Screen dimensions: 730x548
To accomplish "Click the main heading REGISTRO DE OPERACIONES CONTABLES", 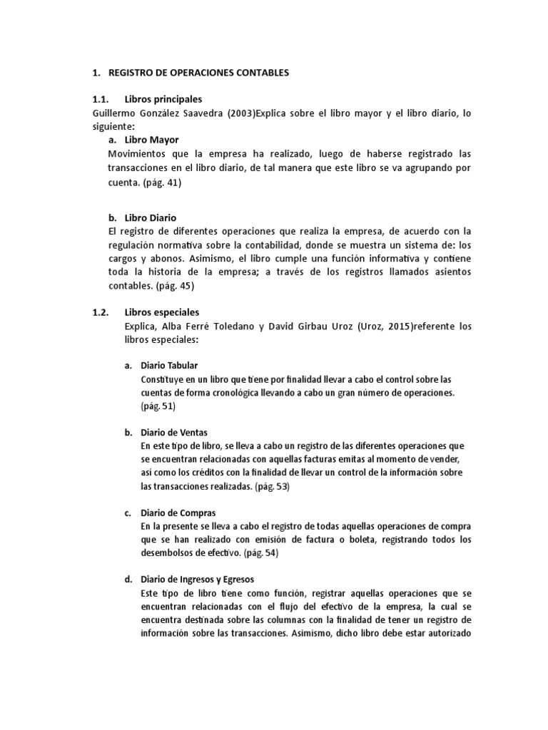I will (x=189, y=73).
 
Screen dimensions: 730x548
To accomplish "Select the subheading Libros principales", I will (x=163, y=99).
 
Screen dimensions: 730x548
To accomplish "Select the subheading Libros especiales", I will (x=162, y=312).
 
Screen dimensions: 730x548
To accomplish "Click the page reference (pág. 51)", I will (x=158, y=406).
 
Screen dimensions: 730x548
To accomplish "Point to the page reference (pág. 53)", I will (x=272, y=486).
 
